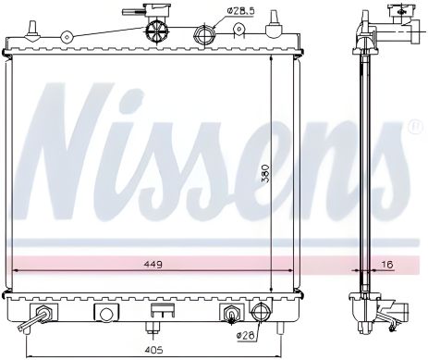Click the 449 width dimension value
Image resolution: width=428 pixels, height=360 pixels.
(153, 264)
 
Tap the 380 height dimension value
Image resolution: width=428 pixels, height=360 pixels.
(265, 174)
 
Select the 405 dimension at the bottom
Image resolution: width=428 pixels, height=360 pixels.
(153, 350)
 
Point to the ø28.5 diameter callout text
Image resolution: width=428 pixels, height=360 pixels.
(241, 11)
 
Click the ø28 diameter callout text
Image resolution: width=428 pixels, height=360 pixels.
(246, 335)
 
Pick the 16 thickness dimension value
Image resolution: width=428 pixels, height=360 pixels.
(387, 264)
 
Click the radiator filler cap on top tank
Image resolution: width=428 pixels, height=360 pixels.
(157, 31)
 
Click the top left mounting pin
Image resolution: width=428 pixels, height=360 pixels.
(31, 31)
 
